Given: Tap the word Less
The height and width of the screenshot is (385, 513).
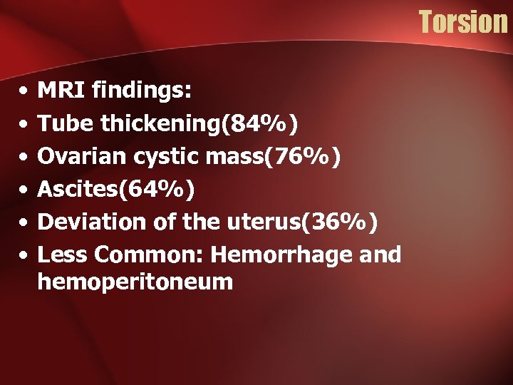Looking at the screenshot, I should coord(62,255).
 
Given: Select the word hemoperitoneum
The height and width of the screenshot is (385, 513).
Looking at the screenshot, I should coord(135,282).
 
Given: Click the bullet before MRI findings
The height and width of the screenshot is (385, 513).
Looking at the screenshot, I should coord(24,92).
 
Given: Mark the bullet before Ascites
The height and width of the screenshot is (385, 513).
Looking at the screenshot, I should coord(24,190).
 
